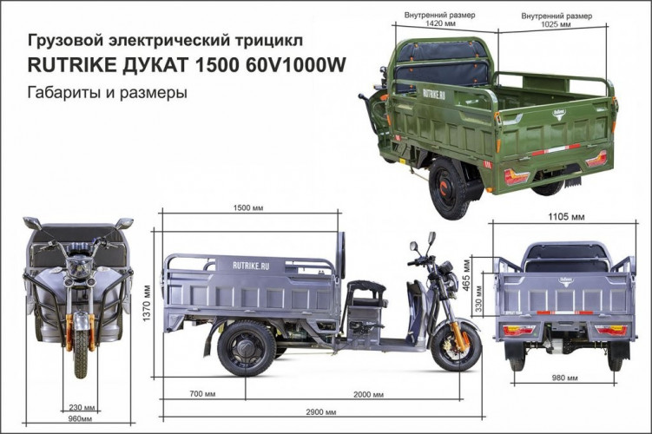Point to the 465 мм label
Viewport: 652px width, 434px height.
468,273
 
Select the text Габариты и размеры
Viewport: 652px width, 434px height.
108,92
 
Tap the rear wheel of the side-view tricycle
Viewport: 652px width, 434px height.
246,346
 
